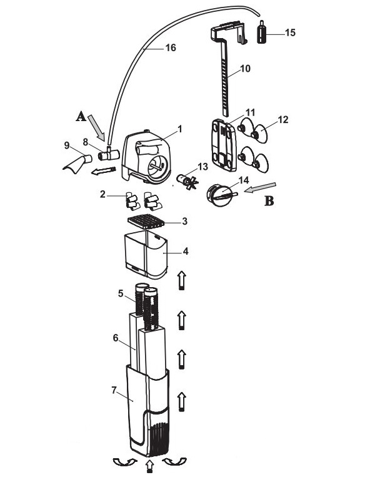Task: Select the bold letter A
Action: point(80,116)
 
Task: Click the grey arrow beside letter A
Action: point(99,129)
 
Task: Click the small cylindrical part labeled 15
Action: point(263,31)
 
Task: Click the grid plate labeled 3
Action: point(149,220)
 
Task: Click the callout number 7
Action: point(114,389)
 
